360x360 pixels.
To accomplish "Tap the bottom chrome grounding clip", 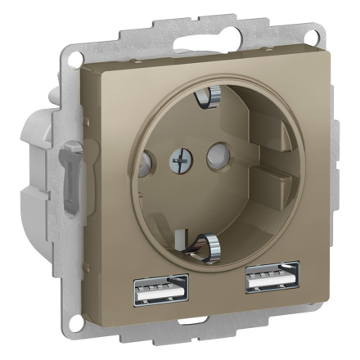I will pos(208,242).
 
